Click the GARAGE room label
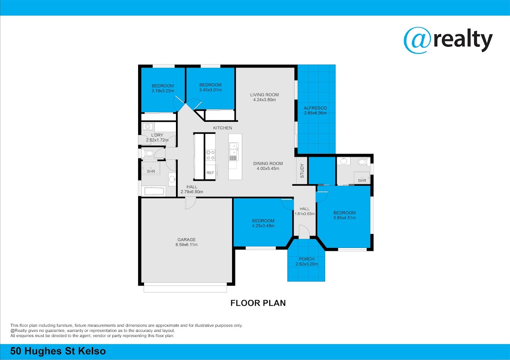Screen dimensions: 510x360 click(x=187, y=239)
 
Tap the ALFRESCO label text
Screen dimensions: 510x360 click(x=315, y=108)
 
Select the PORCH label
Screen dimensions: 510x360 click(x=307, y=259)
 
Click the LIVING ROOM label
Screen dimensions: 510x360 click(x=264, y=95)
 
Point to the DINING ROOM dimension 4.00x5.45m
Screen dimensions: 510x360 click(x=268, y=169)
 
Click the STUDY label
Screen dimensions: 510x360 click(x=302, y=171)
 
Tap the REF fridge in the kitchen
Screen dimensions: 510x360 click(x=211, y=172)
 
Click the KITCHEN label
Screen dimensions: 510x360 click(x=222, y=128)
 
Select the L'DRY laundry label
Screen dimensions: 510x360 click(x=157, y=135)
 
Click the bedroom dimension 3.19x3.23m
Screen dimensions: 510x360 click(x=162, y=91)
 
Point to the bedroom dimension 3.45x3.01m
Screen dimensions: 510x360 click(x=210, y=90)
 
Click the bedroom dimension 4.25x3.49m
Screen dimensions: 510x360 click(x=263, y=226)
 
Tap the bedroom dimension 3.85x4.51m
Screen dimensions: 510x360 click(x=345, y=218)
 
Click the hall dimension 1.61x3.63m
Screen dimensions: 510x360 click(x=305, y=214)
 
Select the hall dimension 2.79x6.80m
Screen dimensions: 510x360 click(x=192, y=192)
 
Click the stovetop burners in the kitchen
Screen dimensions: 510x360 click(x=210, y=155)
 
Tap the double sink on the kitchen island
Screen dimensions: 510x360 click(x=234, y=149)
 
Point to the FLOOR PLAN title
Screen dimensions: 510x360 click(x=258, y=303)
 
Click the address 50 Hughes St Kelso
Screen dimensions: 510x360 click(x=58, y=351)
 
